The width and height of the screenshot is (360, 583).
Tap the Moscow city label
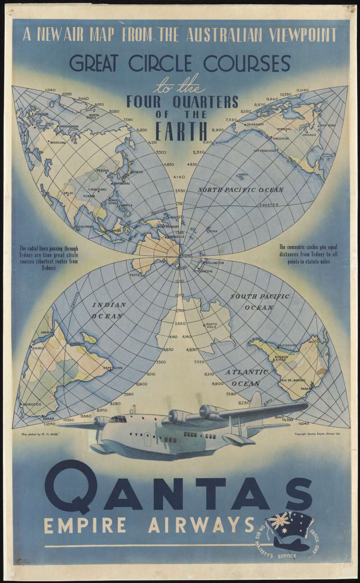click(58, 143)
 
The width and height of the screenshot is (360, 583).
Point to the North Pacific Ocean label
click(241, 190)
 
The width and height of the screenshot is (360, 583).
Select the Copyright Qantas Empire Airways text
click(317, 434)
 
